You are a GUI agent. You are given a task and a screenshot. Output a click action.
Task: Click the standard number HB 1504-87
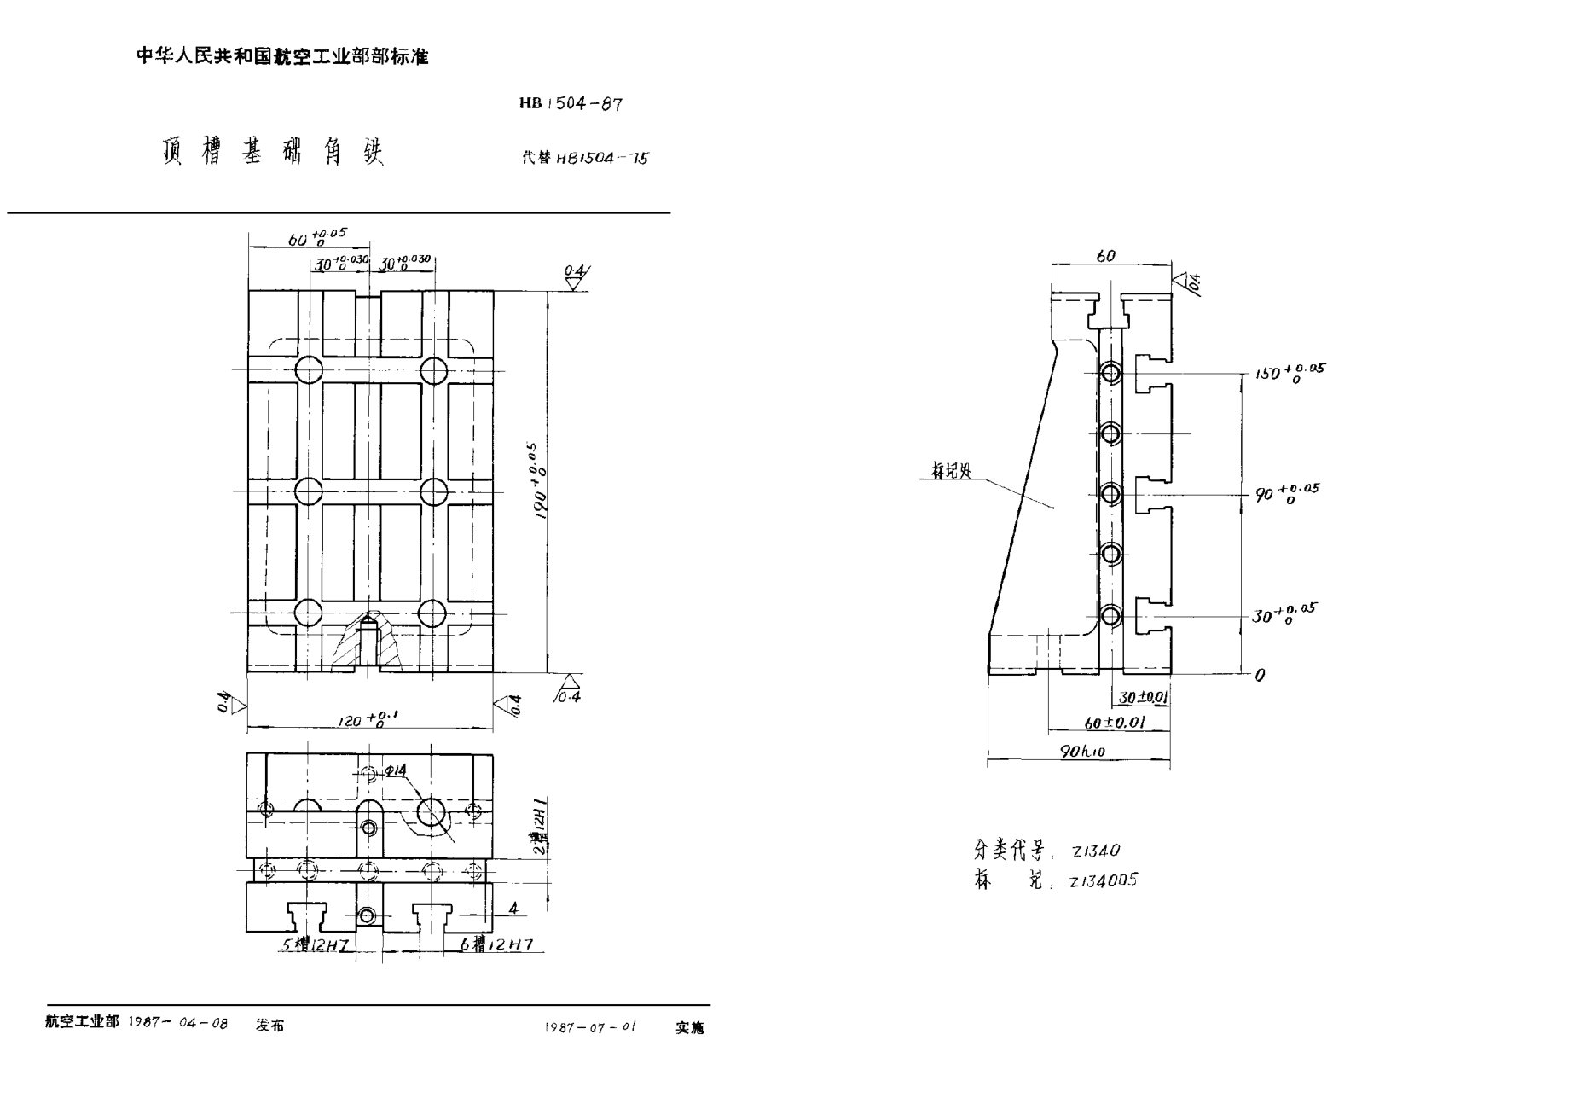(571, 103)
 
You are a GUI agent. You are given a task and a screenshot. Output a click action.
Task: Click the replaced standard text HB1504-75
(601, 158)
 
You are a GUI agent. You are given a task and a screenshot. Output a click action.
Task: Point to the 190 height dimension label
(538, 482)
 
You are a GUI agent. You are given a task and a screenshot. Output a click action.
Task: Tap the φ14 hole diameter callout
(396, 770)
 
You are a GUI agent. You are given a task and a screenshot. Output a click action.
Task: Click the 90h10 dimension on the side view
(1081, 752)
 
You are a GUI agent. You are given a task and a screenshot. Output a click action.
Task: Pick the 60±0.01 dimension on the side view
(1114, 723)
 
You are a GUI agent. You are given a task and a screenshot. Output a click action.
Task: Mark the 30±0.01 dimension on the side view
(1142, 697)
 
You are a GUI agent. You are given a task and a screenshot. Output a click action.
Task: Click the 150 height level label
(1289, 373)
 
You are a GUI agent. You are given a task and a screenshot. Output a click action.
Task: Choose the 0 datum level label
(1261, 675)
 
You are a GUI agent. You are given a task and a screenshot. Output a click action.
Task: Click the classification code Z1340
(1096, 851)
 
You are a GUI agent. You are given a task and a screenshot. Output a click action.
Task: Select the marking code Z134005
(1104, 880)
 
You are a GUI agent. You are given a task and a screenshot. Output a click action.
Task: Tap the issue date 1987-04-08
(178, 1023)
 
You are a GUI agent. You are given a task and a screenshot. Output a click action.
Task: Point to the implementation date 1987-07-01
(590, 1027)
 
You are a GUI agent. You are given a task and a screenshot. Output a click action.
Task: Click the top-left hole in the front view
(309, 370)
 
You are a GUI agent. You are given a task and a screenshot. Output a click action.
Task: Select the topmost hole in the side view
(1110, 373)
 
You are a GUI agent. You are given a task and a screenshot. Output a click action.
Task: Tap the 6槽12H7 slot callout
(496, 944)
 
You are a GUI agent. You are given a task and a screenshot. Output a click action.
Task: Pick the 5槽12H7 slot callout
(313, 944)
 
